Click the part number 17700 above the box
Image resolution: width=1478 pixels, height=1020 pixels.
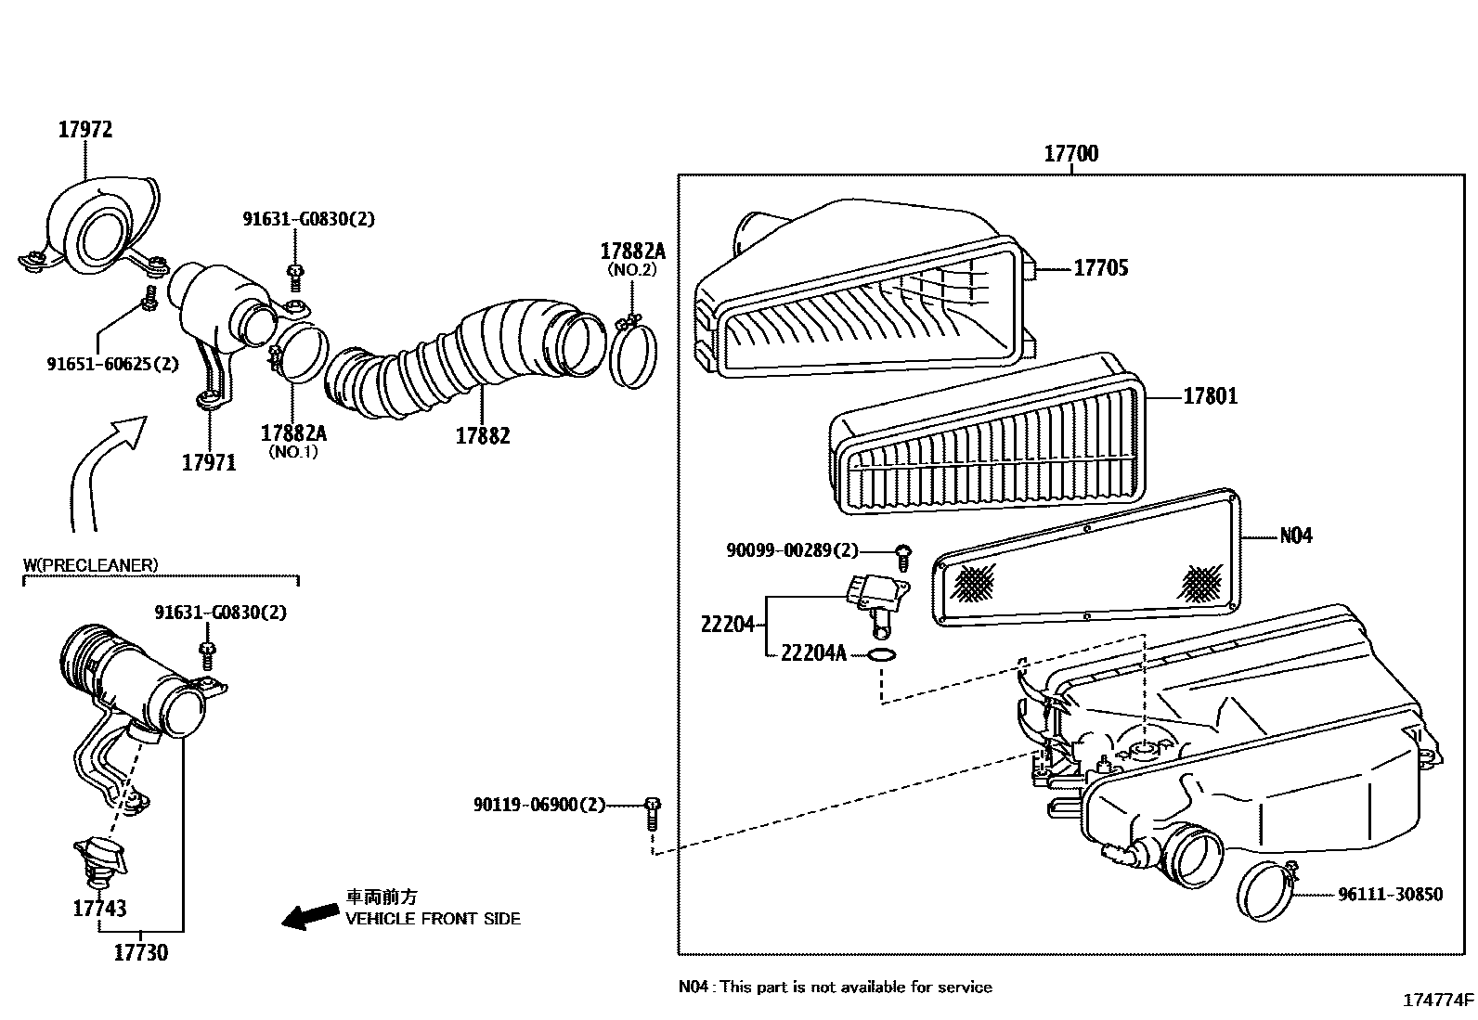click(x=1070, y=154)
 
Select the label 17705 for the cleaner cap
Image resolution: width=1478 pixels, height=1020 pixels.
click(x=1101, y=268)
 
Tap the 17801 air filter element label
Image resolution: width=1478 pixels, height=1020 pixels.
click(x=1210, y=396)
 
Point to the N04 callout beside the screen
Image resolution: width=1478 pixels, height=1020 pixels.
click(x=1296, y=536)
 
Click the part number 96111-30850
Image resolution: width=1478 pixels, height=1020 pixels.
click(x=1390, y=895)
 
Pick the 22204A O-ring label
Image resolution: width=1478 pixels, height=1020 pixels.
click(x=813, y=654)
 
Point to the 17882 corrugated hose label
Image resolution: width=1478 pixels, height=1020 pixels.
click(x=482, y=435)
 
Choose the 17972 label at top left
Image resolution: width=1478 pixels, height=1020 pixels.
click(x=85, y=130)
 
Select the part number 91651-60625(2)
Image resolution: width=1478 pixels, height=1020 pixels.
click(x=112, y=364)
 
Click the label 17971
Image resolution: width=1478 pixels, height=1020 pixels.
click(x=209, y=462)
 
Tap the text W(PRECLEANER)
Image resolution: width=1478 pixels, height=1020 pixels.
click(x=90, y=564)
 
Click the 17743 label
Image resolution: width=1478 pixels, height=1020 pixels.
click(x=99, y=909)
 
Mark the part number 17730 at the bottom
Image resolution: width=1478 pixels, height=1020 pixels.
click(x=141, y=952)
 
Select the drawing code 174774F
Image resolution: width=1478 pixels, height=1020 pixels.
click(x=1437, y=1001)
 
